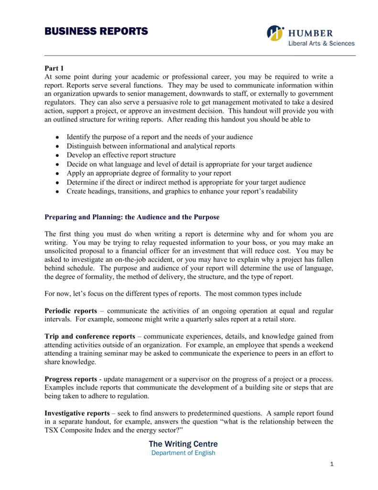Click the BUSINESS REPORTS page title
(x=96, y=32)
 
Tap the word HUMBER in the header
(x=311, y=33)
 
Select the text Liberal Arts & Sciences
(x=321, y=44)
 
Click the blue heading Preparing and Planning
(x=132, y=217)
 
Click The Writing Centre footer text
(x=183, y=444)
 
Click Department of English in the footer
(x=183, y=453)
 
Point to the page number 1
(x=332, y=465)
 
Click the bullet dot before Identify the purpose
(x=57, y=137)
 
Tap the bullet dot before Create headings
(x=57, y=192)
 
